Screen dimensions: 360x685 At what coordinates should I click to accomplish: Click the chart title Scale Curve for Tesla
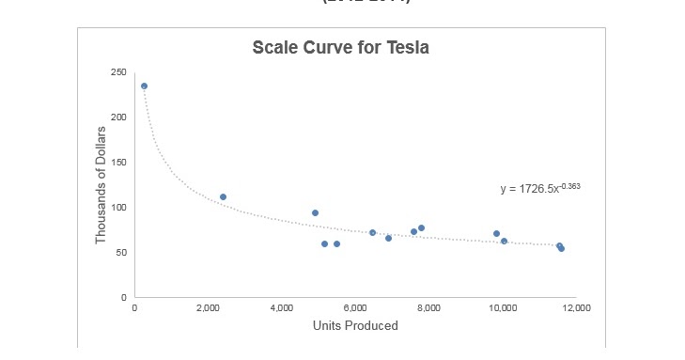[341, 48]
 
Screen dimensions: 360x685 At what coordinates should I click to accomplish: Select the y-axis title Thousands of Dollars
[101, 184]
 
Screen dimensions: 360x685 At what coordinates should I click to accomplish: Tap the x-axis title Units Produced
[355, 326]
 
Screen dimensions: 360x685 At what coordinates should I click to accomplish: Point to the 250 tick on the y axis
[118, 72]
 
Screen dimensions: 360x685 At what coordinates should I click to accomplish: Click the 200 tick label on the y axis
[118, 117]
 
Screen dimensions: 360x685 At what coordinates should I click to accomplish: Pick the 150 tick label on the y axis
[118, 163]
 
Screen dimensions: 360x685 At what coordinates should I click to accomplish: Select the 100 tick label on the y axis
[118, 208]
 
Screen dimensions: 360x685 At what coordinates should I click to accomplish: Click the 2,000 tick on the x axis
[209, 308]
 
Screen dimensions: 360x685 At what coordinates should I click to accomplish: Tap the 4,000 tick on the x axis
[282, 308]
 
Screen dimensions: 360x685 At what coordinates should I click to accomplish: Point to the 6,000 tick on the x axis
[355, 308]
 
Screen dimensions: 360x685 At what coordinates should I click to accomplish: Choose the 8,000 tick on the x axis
[429, 308]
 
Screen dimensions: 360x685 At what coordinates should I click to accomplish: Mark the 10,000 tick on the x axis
[503, 308]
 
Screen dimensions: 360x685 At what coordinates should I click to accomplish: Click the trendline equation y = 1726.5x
[539, 189]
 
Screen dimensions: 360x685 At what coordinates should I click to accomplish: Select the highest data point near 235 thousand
[144, 86]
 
